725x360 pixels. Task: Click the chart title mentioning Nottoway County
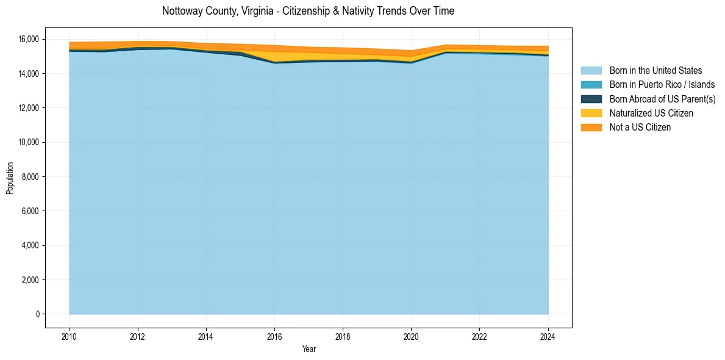pyautogui.click(x=308, y=11)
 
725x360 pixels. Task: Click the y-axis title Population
pyautogui.click(x=10, y=178)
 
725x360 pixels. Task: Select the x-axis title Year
pyautogui.click(x=309, y=349)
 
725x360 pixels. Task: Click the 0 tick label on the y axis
pyautogui.click(x=37, y=314)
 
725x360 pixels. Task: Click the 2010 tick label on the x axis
pyautogui.click(x=69, y=336)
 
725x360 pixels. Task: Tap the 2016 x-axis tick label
pyautogui.click(x=274, y=336)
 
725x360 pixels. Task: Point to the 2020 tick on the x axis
pyautogui.click(x=411, y=336)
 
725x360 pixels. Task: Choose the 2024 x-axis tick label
pyautogui.click(x=548, y=336)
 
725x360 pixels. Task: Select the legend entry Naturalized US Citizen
pyautogui.click(x=651, y=113)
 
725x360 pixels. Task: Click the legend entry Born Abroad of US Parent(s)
pyautogui.click(x=662, y=99)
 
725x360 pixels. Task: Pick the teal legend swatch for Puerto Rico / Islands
pyautogui.click(x=591, y=85)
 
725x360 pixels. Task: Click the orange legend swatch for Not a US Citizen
pyautogui.click(x=591, y=128)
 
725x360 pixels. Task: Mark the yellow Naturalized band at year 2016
pyautogui.click(x=274, y=57)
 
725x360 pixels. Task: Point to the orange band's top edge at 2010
pyautogui.click(x=69, y=43)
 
